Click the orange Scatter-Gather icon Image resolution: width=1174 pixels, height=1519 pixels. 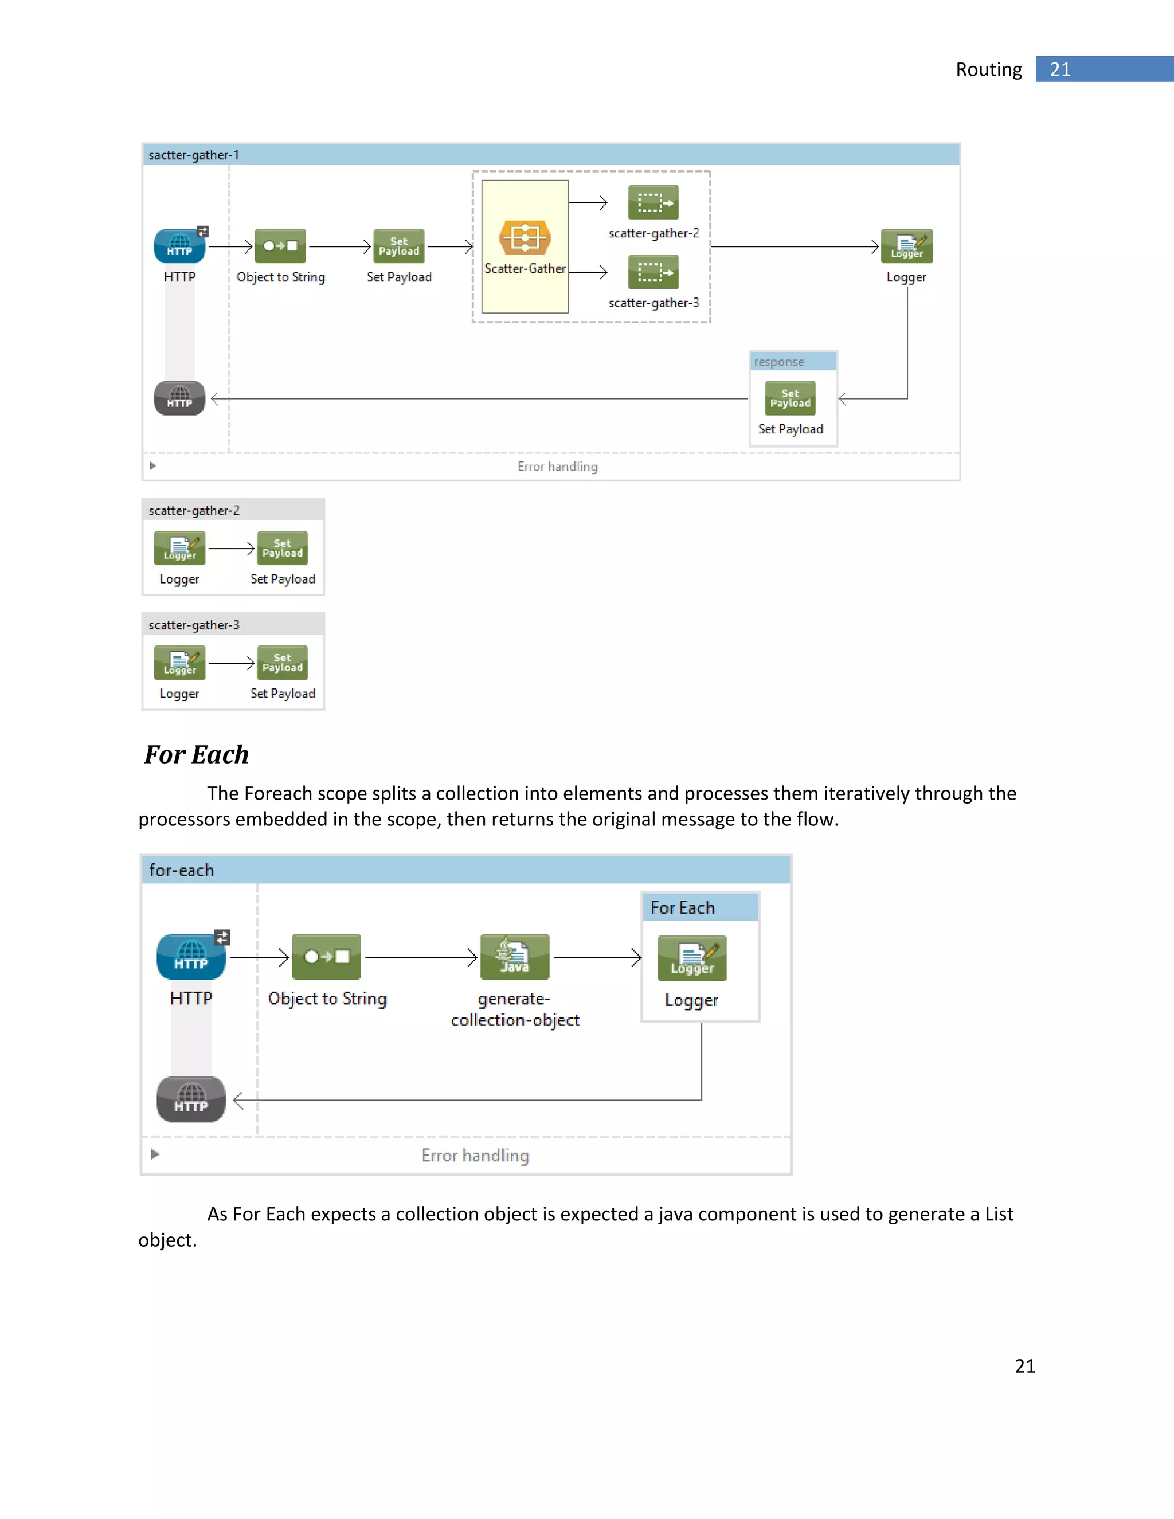coord(525,238)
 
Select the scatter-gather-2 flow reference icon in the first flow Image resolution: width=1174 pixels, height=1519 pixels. coord(653,202)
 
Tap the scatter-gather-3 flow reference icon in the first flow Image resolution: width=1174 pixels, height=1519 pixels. coord(653,272)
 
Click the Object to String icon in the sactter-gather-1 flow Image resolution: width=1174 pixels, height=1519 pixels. coord(280,246)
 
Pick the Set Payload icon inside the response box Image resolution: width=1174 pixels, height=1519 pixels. coord(790,398)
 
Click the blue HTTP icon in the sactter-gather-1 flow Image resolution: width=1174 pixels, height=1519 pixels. coord(179,246)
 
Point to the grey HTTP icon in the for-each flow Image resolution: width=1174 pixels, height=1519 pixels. coord(191,1099)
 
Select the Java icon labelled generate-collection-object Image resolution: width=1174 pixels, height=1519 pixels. coord(515,957)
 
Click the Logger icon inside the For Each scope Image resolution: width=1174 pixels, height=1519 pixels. coord(692,958)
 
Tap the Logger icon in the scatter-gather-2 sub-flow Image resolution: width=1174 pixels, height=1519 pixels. coord(179,548)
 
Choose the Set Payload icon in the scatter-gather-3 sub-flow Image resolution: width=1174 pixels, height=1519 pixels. coord(283,663)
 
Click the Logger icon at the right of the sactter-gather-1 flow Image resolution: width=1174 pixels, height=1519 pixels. coord(906,246)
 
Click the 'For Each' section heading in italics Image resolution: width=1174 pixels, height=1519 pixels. coord(197,755)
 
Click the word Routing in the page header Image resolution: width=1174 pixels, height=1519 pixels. coord(988,69)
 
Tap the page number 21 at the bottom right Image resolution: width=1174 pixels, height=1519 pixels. coord(1024,1366)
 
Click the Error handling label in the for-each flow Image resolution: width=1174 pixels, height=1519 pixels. coord(475,1155)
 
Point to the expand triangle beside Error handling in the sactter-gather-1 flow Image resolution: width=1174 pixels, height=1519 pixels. coord(153,466)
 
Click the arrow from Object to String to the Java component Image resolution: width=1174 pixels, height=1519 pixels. coord(421,958)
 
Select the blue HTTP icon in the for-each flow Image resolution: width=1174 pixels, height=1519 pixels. coord(191,957)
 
